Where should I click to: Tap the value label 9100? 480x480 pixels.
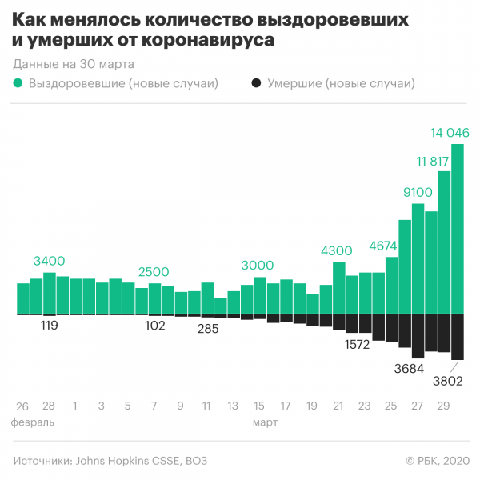417,191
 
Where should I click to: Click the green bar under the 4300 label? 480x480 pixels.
338,287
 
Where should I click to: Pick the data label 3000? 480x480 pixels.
258,266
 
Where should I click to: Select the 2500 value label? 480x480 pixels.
154,272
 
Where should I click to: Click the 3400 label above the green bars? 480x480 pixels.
50,261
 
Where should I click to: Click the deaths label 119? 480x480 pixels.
50,326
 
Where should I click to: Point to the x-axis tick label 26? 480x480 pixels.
22,406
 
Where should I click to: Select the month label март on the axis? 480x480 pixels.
265,421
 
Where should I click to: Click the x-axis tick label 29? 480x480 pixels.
442,406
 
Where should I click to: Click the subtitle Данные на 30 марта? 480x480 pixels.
74,63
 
